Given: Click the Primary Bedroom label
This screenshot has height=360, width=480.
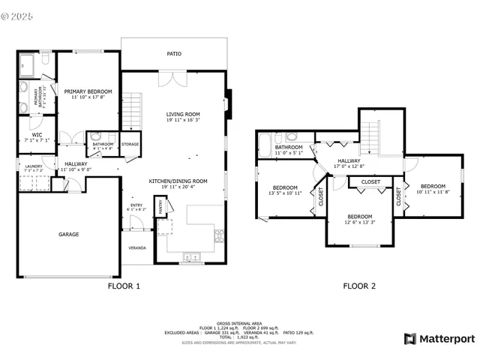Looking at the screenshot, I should coord(88,91).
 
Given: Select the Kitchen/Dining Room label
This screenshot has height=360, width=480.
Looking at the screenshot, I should coord(178,181).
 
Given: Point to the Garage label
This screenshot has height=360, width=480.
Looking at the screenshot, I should coord(69,234).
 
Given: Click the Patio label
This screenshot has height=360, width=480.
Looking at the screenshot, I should coord(174,54).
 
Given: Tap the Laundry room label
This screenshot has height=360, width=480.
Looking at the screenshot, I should coord(33,166).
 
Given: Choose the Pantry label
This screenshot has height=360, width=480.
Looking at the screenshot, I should coord(160,205).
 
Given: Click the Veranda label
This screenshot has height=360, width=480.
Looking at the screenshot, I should coord(136,248).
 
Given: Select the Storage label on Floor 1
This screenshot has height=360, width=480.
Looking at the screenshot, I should coord(130,144).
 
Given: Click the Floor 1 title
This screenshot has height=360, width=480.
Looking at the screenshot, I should coord(124,286).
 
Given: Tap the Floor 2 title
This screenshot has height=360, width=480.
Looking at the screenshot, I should coord(359,286).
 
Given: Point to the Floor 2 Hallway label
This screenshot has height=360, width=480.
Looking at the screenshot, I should coord(349,160).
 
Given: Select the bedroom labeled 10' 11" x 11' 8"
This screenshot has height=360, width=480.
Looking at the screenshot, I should coord(433,186).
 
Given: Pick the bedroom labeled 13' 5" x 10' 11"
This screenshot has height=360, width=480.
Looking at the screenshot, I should coord(285,187).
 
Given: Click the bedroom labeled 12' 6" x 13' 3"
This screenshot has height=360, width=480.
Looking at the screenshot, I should coord(360,216).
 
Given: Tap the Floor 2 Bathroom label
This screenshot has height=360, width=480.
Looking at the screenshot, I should coord(288,148).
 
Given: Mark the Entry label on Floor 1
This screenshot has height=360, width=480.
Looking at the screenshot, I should coord(136,205).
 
